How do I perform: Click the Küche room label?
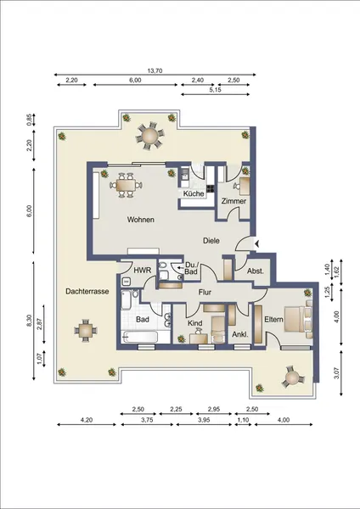pos(194,193)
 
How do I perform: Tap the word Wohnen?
pos(141,220)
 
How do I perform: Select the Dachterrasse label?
pos(87,291)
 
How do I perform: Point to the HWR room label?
pos(143,270)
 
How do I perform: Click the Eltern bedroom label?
pos(273,320)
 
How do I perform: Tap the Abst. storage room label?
pos(256,271)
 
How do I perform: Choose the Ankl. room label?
pos(240,334)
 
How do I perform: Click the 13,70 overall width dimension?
pos(155,70)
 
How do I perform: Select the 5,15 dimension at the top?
pos(215,90)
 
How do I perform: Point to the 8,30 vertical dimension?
pos(30,321)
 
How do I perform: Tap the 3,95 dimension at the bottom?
pos(204,420)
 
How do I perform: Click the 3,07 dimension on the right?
pos(336,372)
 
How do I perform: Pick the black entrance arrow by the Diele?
pos(256,243)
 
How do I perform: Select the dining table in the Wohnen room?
pos(126,185)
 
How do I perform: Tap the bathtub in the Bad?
pos(139,337)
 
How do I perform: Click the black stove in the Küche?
pos(211,188)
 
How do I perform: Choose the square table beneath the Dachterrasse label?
pos(86,331)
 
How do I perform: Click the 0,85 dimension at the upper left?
pos(30,120)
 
